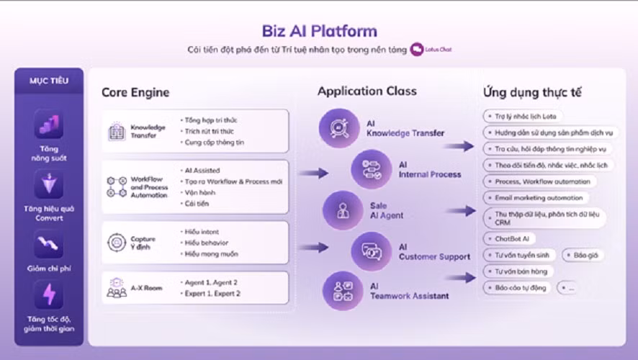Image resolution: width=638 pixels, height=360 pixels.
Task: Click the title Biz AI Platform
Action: (x=319, y=31)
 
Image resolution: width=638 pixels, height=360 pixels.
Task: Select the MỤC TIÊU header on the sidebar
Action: (x=49, y=81)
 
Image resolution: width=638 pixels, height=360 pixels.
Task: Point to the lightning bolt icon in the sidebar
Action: (x=49, y=294)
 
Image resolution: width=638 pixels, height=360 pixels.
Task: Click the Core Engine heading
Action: (x=135, y=92)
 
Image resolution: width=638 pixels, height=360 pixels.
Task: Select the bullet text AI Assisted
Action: (x=203, y=171)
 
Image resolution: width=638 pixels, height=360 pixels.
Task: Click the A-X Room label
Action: (x=146, y=288)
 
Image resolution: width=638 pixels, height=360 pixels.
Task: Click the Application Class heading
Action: (x=367, y=91)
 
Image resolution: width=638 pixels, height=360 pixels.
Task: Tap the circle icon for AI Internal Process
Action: (x=371, y=169)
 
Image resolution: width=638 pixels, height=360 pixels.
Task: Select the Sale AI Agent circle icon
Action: (x=341, y=210)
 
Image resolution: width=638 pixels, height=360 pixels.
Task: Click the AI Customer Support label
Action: (x=434, y=251)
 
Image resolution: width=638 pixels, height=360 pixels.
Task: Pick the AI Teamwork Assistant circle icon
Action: (x=341, y=290)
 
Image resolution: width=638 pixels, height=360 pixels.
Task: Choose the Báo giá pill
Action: (x=583, y=255)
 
